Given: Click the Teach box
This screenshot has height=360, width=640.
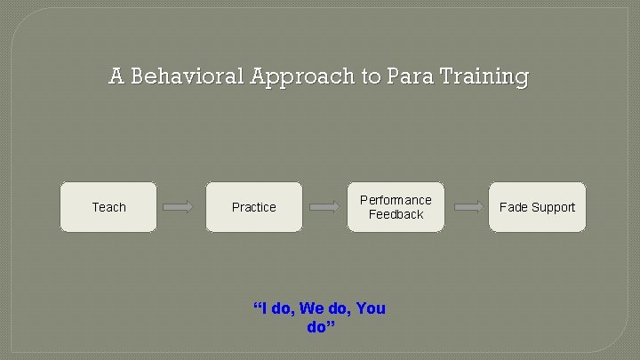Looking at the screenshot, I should click(108, 207).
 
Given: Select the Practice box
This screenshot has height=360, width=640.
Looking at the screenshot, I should click(254, 207).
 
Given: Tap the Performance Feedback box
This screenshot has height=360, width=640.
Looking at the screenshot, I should click(396, 207).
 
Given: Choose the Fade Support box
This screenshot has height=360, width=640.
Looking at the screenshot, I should click(537, 207).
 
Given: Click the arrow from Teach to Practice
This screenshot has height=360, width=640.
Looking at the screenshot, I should click(179, 207).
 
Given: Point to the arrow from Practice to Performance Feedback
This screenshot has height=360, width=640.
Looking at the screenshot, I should click(324, 207).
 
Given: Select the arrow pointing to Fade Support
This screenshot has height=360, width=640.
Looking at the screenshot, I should click(469, 207).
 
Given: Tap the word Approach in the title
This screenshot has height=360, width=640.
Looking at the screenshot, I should click(303, 77).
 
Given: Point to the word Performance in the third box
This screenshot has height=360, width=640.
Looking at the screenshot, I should click(396, 200).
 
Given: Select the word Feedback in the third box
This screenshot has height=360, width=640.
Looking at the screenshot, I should click(396, 214).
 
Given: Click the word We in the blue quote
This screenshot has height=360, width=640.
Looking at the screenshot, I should click(312, 308).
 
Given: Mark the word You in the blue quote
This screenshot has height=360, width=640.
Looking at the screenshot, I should click(371, 308).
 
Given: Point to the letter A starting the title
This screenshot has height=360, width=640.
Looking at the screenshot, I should click(116, 77).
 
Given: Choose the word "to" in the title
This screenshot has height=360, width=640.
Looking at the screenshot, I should click(371, 77).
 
